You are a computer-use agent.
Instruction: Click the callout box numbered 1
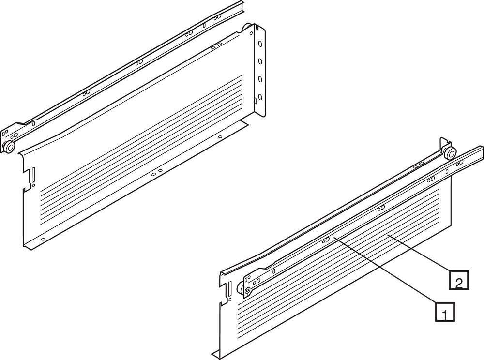(445, 312)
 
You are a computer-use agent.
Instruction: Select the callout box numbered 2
(459, 280)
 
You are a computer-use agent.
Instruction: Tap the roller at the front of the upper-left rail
(8, 147)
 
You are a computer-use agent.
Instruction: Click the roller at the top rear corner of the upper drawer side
(246, 27)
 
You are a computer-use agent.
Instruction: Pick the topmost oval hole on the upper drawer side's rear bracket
(260, 44)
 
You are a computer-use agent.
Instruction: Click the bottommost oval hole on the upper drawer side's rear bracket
(260, 97)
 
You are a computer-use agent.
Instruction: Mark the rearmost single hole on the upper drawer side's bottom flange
(220, 136)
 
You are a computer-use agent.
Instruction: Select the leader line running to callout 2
(419, 253)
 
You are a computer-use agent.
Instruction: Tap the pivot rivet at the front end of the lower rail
(247, 290)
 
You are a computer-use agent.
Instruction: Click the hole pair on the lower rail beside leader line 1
(326, 240)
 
